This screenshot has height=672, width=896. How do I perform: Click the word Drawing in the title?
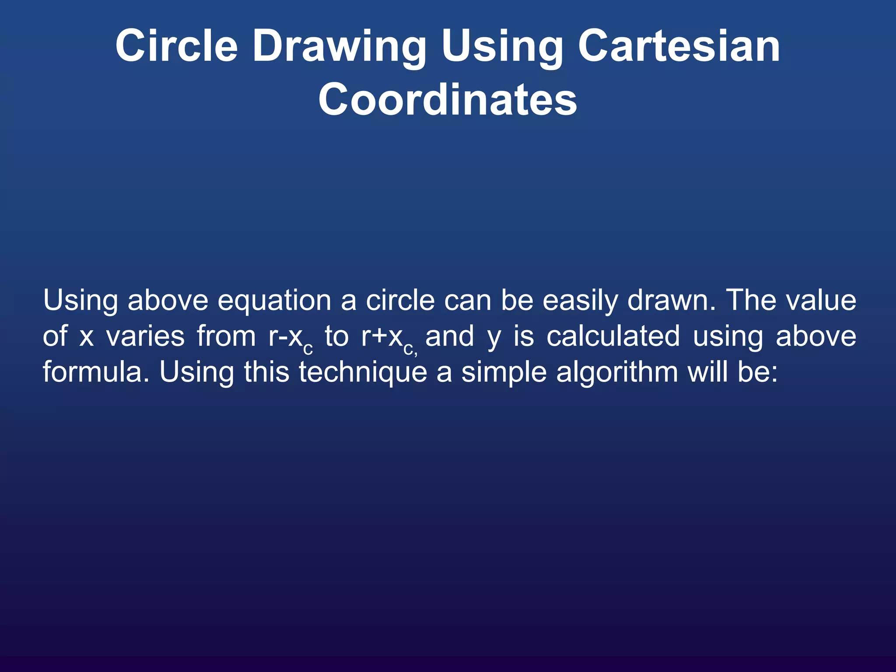(339, 47)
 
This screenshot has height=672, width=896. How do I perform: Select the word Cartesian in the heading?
(679, 46)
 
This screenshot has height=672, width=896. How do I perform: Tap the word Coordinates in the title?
(448, 100)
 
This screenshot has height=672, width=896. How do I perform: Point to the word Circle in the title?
(176, 46)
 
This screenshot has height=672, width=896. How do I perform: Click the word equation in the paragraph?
(274, 301)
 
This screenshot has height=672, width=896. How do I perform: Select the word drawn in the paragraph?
(672, 301)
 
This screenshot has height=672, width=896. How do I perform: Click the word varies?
(145, 337)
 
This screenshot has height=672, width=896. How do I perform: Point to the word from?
(226, 337)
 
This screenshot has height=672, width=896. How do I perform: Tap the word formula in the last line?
(97, 372)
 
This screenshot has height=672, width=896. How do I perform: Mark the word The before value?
(751, 301)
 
